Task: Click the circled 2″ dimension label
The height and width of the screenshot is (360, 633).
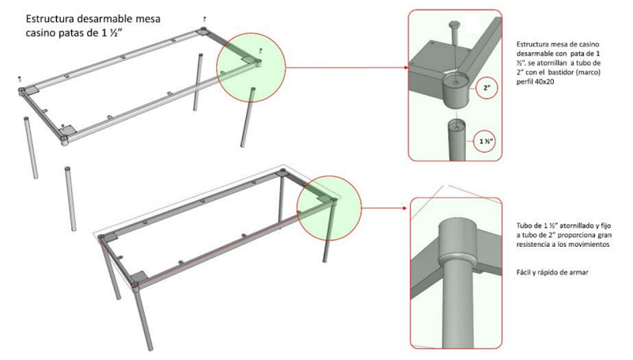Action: [487, 88]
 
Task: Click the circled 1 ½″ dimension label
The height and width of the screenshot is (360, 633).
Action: [485, 141]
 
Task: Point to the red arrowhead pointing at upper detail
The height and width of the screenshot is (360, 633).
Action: [405, 67]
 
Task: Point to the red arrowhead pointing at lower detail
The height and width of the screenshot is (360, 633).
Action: [404, 208]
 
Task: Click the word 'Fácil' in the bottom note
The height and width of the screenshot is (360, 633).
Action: [523, 272]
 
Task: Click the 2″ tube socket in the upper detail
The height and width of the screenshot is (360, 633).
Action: [456, 90]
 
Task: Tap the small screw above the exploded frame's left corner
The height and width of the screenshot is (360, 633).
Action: [19, 78]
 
